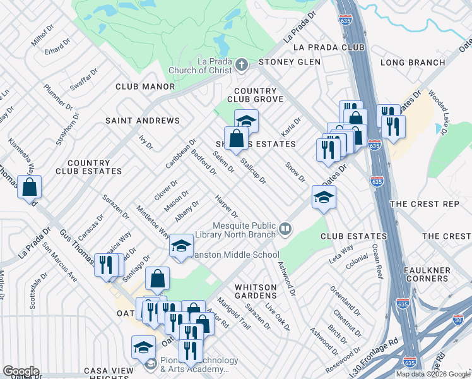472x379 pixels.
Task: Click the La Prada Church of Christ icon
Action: point(241,65)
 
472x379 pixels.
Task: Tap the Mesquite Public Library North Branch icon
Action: point(285,229)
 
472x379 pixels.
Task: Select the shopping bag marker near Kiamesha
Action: point(30,188)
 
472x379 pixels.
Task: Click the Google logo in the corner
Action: point(20,371)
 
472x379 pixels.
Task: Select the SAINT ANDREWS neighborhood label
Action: point(143,120)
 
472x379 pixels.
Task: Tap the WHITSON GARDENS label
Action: point(256,292)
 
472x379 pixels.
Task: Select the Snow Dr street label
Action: point(295,171)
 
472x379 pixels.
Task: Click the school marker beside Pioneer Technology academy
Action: point(143,347)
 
